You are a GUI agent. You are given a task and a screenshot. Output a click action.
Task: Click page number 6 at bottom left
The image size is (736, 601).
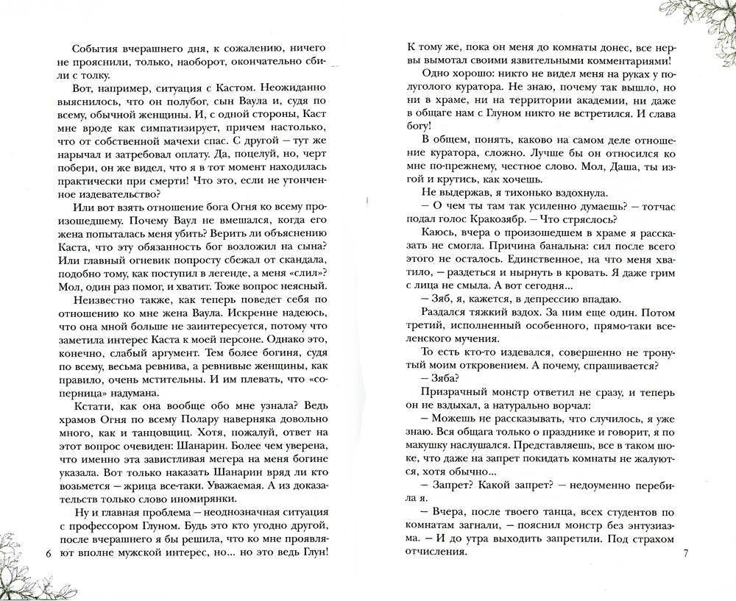pos(49,552)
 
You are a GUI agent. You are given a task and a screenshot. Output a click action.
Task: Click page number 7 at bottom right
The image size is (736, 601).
pos(685,552)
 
